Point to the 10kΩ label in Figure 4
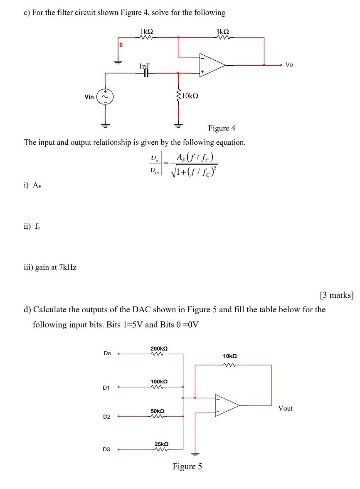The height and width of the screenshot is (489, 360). [190, 96]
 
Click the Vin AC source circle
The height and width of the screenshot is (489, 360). [105, 97]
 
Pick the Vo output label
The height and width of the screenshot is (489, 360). [289, 65]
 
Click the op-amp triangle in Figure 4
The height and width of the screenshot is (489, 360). [211, 65]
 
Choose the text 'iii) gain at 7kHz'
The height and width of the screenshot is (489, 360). [50, 267]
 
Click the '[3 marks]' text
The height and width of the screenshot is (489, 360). [336, 295]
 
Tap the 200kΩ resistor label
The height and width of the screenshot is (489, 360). [159, 348]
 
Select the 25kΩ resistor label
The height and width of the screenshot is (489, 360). [161, 444]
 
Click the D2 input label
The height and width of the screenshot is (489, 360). [107, 416]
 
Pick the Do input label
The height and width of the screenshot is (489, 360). [107, 353]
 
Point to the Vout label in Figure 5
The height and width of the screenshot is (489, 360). [285, 408]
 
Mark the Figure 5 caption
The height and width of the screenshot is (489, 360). [187, 466]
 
